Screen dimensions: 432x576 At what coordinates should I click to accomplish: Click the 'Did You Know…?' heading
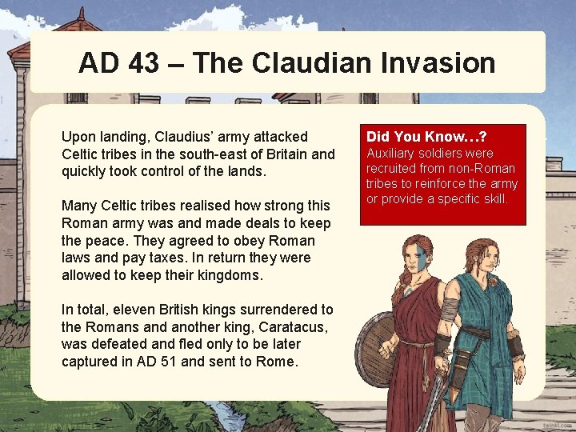coord(426,137)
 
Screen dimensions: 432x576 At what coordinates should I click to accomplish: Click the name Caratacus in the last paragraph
coord(258,326)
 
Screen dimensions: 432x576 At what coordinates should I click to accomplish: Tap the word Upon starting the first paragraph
coord(78,138)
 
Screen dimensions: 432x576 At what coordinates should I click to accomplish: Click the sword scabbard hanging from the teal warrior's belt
coord(459,376)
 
